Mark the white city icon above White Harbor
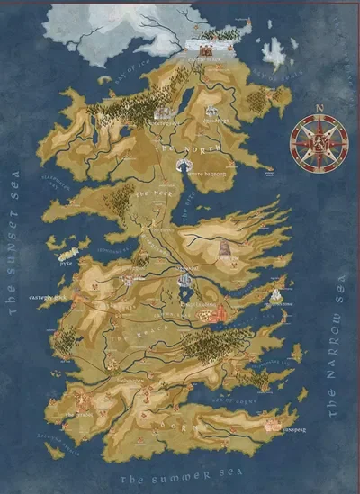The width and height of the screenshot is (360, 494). click(184, 165)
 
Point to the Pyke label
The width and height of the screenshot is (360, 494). click(65, 265)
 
